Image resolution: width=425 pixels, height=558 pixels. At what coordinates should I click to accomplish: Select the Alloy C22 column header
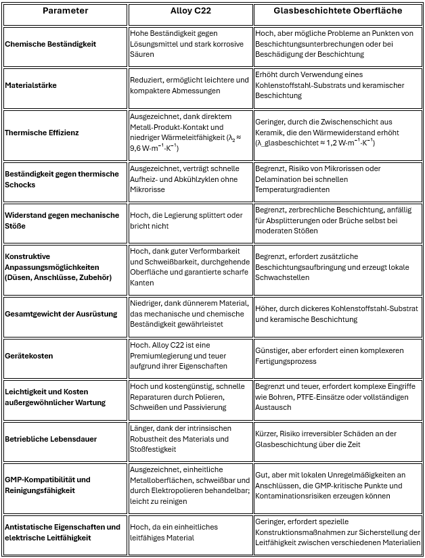(190, 11)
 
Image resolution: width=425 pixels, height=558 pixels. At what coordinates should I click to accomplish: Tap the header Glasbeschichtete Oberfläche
(338, 11)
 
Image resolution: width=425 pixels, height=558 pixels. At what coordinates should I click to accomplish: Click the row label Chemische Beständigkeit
(51, 44)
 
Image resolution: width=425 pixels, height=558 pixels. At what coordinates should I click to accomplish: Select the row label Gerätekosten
(29, 355)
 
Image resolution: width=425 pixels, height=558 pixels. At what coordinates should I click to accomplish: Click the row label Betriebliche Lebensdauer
(50, 439)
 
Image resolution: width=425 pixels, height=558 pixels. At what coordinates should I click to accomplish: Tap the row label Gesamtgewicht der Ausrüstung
(61, 314)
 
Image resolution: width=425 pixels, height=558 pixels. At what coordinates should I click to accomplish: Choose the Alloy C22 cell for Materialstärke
(190, 86)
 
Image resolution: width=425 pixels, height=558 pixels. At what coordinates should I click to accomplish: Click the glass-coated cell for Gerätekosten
(338, 356)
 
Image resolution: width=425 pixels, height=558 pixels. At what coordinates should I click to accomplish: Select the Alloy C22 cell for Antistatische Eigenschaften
(190, 532)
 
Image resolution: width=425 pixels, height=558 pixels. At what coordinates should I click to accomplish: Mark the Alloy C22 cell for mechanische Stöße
(190, 220)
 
